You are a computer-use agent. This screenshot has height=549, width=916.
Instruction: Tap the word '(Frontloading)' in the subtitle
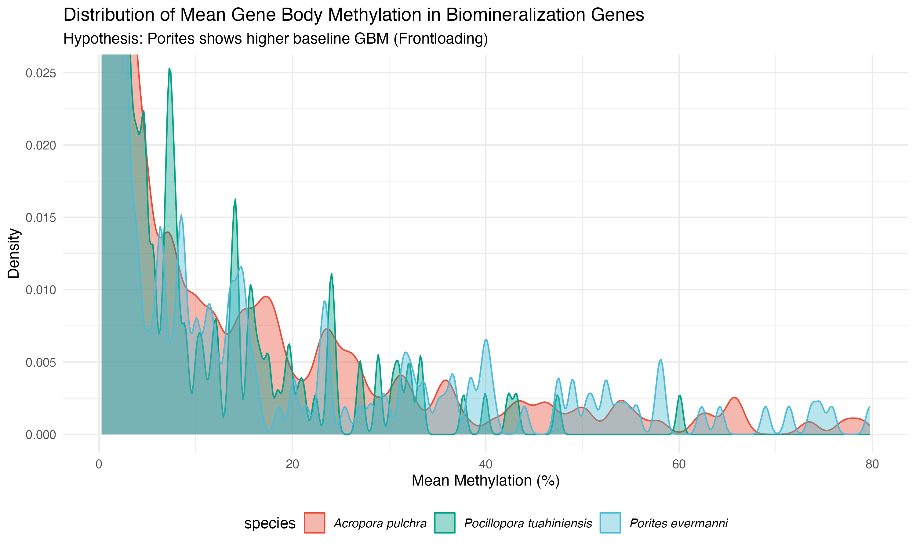coord(440,38)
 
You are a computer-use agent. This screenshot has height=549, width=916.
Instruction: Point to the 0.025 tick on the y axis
coord(41,73)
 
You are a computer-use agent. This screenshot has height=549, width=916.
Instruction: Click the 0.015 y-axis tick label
coord(41,218)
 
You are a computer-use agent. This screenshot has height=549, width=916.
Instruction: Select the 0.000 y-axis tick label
coord(41,435)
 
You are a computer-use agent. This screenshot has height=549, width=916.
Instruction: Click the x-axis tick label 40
coord(486,464)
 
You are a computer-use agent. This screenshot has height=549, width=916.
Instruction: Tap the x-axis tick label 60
coord(679,464)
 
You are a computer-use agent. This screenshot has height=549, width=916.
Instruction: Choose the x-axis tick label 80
coord(872,464)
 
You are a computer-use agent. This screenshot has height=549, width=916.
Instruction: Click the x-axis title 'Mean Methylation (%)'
coord(485,481)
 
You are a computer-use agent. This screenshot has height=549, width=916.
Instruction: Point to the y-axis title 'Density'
coord(14,253)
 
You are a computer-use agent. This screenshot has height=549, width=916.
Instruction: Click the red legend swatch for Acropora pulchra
coord(314,523)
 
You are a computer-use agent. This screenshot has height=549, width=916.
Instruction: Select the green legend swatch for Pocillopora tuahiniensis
coord(444,523)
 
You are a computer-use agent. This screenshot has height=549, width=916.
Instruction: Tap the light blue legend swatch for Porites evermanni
coord(610,523)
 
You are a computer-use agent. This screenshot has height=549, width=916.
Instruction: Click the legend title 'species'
coord(270,523)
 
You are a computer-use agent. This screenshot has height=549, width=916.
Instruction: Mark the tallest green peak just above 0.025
coord(169,69)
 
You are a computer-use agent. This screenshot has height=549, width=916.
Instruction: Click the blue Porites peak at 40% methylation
coord(486,339)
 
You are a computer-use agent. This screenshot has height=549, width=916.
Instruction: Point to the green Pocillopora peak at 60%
coord(680,396)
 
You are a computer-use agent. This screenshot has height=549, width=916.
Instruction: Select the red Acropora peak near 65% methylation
coord(735,398)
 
